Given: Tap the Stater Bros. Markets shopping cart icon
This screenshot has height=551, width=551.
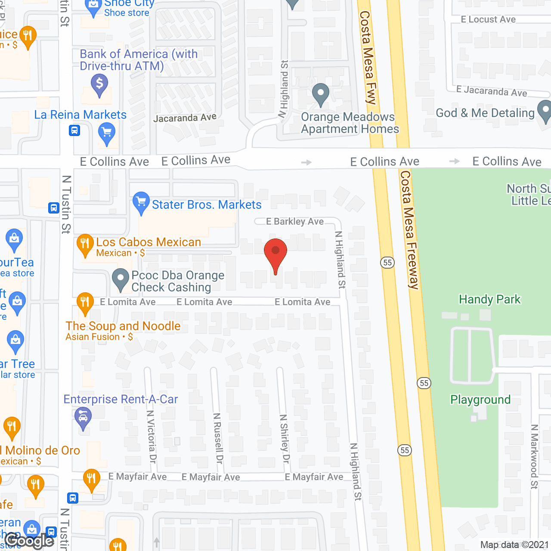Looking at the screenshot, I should (x=141, y=202).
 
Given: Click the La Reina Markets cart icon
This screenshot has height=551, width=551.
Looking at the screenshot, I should (x=106, y=132).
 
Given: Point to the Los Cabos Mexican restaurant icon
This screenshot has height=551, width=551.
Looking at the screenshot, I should (x=85, y=244).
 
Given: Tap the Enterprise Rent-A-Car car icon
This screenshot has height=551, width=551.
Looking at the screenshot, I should (x=83, y=418).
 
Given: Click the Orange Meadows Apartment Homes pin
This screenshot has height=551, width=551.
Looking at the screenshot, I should (x=320, y=93).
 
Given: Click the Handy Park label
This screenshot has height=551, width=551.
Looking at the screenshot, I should (x=489, y=299).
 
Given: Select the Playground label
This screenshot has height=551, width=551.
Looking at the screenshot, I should (x=480, y=399).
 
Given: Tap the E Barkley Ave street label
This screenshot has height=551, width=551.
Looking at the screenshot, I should (x=295, y=221).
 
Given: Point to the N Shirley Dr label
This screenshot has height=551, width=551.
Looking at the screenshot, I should (x=285, y=439).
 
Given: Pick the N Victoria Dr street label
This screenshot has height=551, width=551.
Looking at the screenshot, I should (x=151, y=436).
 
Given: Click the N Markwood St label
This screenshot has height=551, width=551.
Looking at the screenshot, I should (x=534, y=456).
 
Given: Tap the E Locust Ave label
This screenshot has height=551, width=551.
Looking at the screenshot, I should (x=488, y=19).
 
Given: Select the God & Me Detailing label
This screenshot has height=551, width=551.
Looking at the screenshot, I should (x=485, y=113).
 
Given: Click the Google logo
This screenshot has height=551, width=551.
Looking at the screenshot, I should (x=29, y=541).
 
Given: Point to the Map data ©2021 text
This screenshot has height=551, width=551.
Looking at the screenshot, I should (x=514, y=545).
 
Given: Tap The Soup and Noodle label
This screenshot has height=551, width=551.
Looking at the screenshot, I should (x=123, y=326).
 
